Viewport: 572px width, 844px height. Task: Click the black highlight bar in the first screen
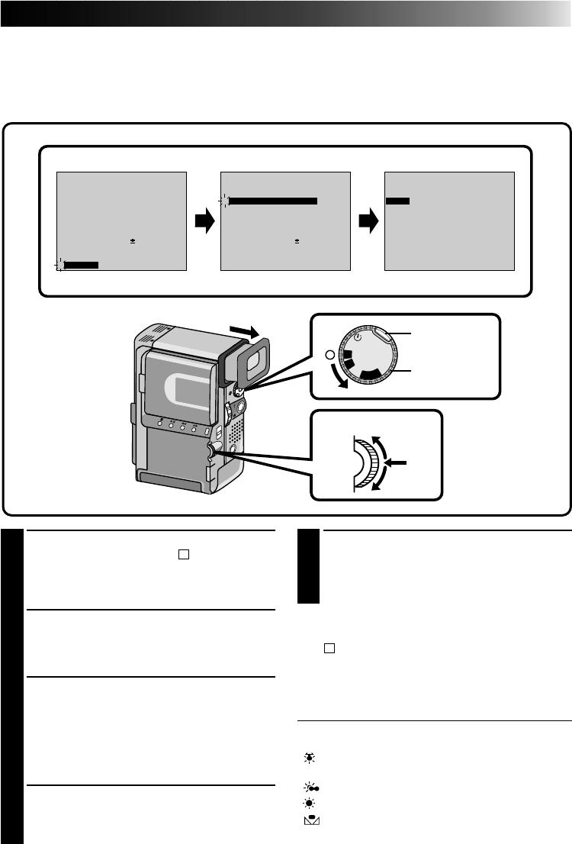82,264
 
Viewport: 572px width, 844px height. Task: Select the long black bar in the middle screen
273,201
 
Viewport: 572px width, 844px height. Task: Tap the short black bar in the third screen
397,201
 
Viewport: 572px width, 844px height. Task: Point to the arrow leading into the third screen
368,222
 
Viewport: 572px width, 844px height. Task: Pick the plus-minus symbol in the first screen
132,240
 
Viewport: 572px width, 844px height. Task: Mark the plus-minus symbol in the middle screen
296,240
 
